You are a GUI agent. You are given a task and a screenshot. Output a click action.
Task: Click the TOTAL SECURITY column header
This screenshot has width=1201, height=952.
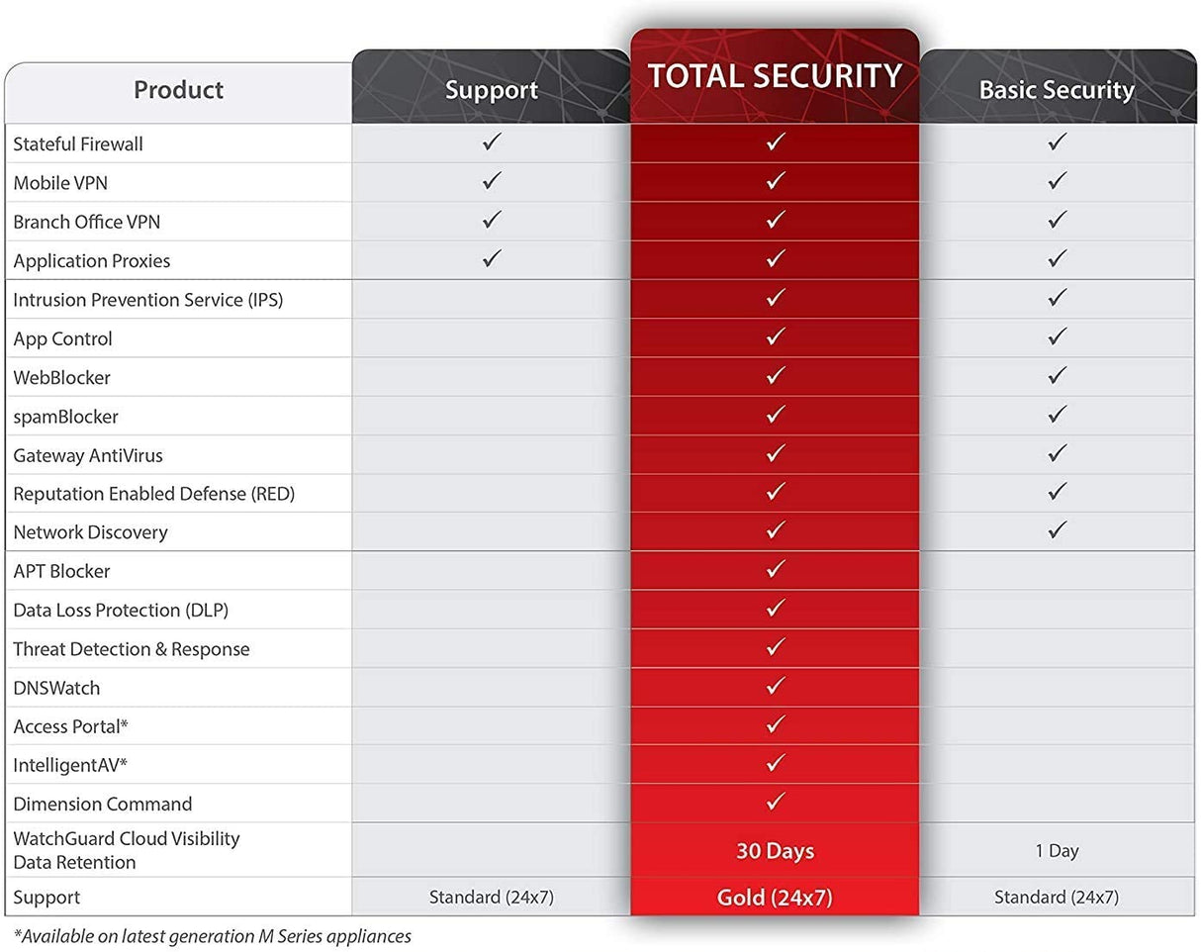(775, 76)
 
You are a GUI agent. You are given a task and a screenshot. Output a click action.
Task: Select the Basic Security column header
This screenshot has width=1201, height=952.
(1056, 90)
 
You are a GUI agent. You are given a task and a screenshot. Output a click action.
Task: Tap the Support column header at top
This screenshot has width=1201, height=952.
(491, 90)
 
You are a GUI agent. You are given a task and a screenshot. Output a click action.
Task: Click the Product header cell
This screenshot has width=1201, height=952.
(178, 90)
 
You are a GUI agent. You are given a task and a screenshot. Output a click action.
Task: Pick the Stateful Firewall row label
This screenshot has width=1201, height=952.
(78, 144)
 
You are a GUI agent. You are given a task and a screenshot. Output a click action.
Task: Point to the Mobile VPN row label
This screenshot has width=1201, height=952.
(60, 183)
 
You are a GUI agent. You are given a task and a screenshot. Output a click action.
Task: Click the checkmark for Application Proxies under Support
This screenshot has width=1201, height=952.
(492, 259)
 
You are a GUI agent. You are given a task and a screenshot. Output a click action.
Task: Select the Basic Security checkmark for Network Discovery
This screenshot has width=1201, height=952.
(1057, 530)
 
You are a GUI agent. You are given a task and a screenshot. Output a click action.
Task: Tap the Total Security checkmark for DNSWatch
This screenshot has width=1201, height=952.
(776, 686)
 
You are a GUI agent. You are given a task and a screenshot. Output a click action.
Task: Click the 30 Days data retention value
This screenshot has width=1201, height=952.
(775, 850)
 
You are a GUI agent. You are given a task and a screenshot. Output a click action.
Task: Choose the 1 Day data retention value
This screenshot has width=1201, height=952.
(1057, 850)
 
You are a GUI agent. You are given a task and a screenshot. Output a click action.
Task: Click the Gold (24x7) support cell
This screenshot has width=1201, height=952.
(775, 898)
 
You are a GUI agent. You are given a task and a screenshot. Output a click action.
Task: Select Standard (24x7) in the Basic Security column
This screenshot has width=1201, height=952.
(1057, 898)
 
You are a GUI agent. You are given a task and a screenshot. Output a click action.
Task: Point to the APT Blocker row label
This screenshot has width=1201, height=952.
(61, 571)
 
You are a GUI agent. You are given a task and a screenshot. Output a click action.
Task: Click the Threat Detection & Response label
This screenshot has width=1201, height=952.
(132, 649)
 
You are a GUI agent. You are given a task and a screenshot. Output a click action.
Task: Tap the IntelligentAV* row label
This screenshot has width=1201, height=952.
(70, 765)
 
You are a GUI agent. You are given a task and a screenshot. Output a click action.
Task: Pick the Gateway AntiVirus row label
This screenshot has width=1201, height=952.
(88, 455)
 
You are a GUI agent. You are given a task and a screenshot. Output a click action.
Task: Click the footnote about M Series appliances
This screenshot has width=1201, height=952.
(213, 935)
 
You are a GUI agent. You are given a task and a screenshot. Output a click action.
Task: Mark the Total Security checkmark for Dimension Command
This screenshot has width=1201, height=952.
(776, 802)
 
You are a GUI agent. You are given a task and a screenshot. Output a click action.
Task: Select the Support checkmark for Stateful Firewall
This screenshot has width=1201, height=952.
(492, 143)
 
